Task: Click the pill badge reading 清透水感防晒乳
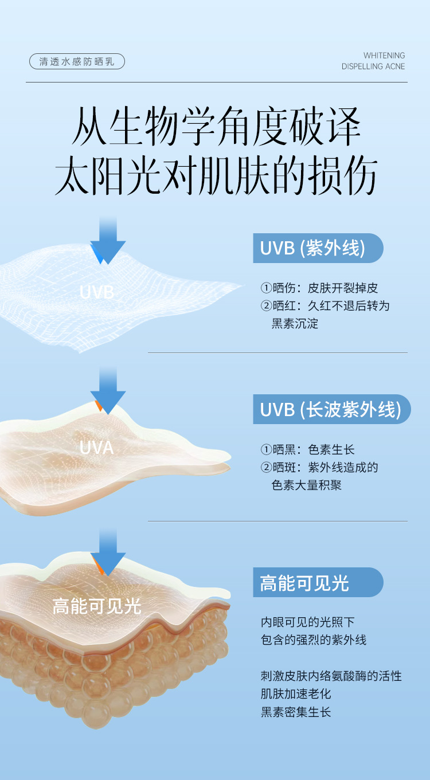77,62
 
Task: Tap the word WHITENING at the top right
384,56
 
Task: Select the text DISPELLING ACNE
373,66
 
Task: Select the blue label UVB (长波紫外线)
331,409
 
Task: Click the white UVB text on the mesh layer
97,292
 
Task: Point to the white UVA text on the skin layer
97,448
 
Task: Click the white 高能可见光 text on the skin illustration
97,606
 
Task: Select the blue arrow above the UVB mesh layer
108,241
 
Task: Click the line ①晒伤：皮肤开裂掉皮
319,288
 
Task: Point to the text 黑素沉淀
295,324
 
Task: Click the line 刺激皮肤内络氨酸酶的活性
331,676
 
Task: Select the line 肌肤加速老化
296,694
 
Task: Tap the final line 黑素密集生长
296,712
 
